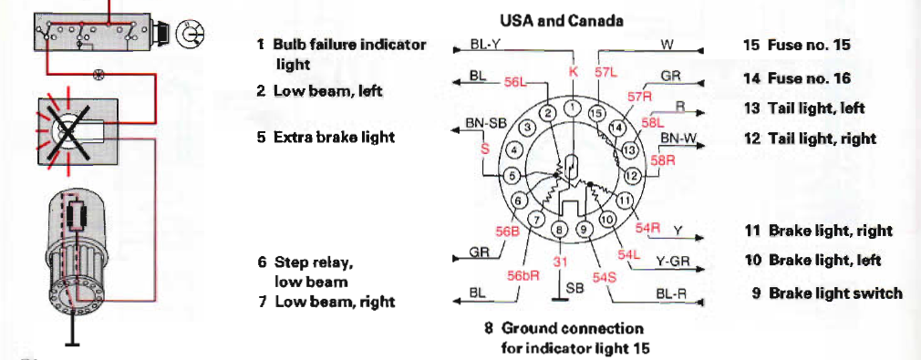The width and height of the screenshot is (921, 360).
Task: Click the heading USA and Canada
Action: point(561,21)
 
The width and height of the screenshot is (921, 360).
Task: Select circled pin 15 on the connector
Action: point(596,113)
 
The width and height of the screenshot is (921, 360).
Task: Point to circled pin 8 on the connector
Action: point(561,230)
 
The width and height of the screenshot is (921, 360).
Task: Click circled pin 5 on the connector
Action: point(512,176)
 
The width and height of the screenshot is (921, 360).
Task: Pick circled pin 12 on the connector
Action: point(631,175)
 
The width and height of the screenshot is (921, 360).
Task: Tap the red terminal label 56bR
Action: point(523,275)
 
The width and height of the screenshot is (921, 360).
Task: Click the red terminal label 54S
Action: point(604,276)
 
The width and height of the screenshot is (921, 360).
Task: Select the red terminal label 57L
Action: point(606,72)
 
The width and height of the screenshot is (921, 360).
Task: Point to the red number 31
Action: point(561,262)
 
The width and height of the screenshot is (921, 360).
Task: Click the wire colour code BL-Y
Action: point(484,44)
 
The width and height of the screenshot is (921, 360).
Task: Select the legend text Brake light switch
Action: point(835,293)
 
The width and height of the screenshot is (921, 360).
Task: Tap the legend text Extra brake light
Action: point(334,137)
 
